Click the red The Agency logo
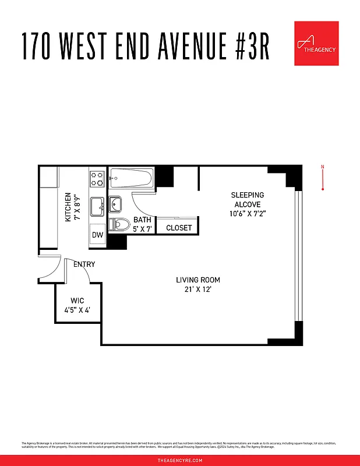pos(316,44)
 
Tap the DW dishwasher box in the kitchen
pos(97,235)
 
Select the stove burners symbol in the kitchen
pos(97,178)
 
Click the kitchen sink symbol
pos(97,204)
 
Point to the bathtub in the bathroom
pos(132,176)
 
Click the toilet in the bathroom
pos(121,223)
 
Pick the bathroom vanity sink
pos(115,204)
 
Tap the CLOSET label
pos(179,228)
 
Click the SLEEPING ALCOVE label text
pos(248,200)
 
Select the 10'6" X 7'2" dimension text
pos(248,214)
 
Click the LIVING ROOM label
pos(198,280)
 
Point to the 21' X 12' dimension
pos(198,290)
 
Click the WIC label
pos(77,301)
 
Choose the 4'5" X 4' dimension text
pos(77,310)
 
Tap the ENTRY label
pos(84,264)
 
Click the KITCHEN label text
pos(68,207)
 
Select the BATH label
pos(142,220)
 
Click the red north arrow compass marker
pos(323,178)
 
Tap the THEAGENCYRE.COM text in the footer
pos(180,460)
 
